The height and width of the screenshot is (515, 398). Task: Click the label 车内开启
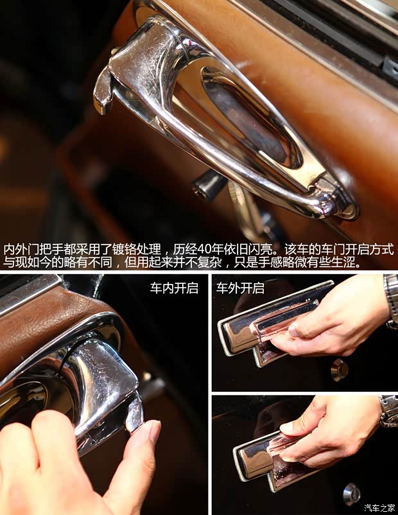click(x=174, y=288)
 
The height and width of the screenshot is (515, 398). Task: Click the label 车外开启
click(x=240, y=288)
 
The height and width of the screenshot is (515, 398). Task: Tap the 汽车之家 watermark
click(x=379, y=508)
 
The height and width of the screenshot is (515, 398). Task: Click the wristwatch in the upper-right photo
click(x=391, y=301)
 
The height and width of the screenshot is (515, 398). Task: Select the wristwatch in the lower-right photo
click(x=388, y=410)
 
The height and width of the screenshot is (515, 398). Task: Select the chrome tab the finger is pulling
click(x=134, y=410)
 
